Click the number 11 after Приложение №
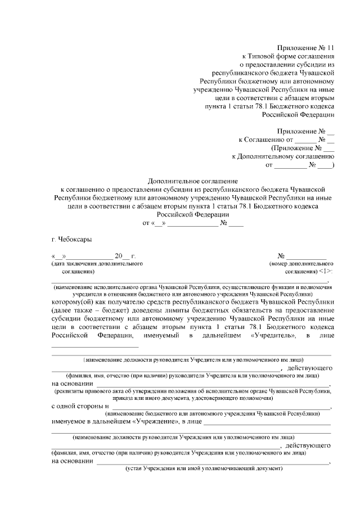329,48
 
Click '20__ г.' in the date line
125,255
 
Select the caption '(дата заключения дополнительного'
97,263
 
